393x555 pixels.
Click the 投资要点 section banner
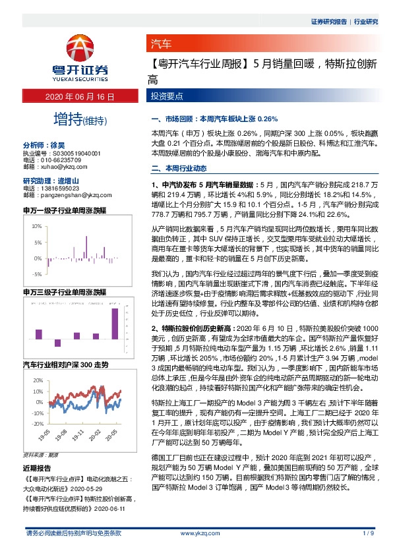(x=166, y=96)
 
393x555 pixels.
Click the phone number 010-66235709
(x=59, y=160)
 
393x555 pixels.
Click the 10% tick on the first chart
(x=37, y=225)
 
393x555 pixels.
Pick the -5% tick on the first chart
(x=37, y=274)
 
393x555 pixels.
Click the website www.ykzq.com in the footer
(x=196, y=533)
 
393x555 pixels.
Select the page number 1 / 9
(x=369, y=533)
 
